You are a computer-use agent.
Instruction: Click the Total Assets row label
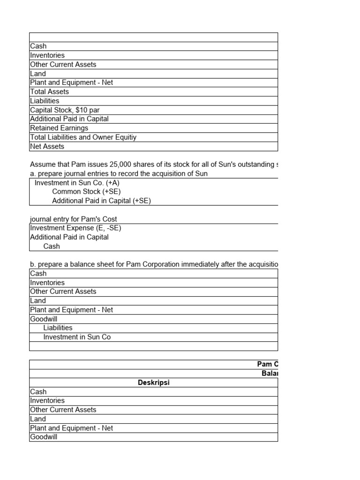click(49, 92)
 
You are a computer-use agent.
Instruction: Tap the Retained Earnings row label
click(59, 128)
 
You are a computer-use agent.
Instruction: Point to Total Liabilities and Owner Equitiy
click(83, 137)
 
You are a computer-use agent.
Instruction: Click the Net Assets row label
click(47, 146)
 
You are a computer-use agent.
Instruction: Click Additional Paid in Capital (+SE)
click(101, 201)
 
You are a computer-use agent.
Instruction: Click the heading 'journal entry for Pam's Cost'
click(73, 219)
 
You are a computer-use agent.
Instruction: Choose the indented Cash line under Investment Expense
click(52, 246)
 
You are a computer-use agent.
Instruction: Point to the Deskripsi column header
click(153, 382)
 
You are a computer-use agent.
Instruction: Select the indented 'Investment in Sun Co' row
click(77, 337)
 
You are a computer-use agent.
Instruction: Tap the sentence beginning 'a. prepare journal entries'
click(119, 173)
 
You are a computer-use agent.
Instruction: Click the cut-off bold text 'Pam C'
click(268, 364)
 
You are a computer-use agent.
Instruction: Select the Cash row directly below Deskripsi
click(38, 392)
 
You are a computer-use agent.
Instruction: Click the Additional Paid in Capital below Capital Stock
click(69, 119)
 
